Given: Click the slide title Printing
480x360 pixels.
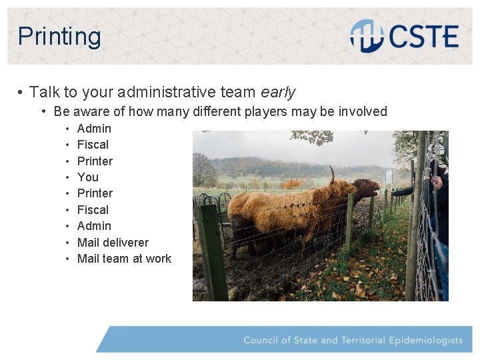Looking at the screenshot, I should point(59,36).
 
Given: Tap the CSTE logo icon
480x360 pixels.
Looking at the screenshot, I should point(366,36).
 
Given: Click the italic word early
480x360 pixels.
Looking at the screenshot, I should point(278,92).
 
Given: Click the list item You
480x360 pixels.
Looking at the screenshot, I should point(87,177).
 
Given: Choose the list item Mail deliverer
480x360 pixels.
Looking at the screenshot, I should point(113,242).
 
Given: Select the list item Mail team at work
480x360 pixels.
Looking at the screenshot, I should point(124,259).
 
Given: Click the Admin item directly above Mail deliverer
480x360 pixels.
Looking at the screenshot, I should point(94,226).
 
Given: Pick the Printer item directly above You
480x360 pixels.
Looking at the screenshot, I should point(95,161).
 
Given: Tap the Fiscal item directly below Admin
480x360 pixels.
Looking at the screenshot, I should point(93,145).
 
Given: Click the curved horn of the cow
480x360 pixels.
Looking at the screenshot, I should point(331,175).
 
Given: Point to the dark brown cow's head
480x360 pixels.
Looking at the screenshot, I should point(365,189).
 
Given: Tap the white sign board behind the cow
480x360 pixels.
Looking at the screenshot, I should point(388,177).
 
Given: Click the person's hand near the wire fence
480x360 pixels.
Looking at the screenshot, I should point(438,182).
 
